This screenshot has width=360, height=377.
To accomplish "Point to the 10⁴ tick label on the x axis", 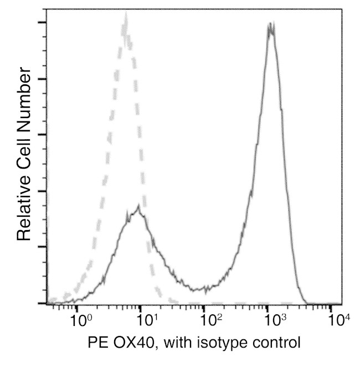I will coord(337,319).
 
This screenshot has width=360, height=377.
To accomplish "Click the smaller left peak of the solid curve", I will coord(140,211).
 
